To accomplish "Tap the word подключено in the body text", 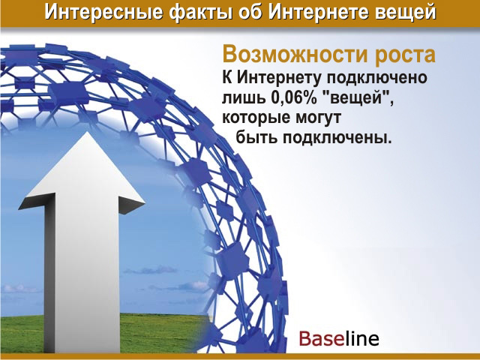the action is [376, 78].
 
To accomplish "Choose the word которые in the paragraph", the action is [255, 118].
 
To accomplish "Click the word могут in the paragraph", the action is [316, 118].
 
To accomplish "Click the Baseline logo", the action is [339, 338].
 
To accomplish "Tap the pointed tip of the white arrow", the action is [87, 132].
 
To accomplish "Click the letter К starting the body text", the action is [226, 78].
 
